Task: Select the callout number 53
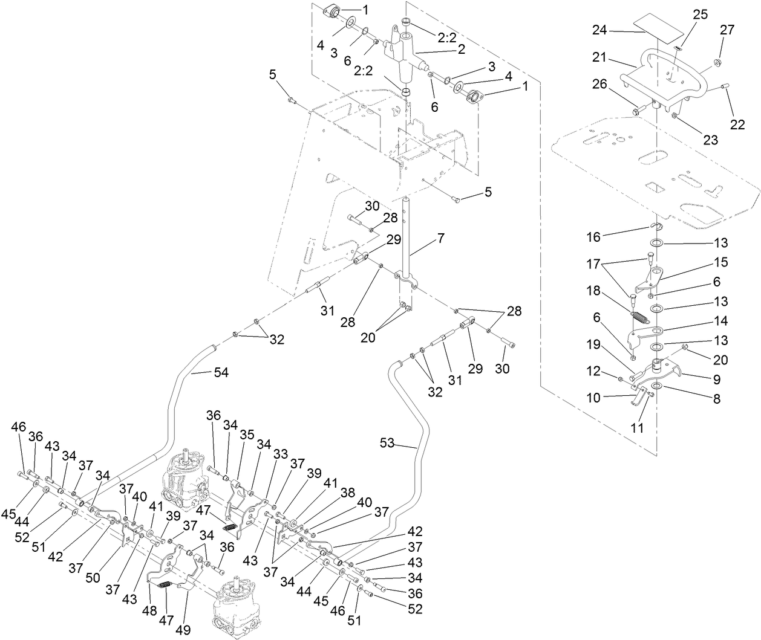[387, 444]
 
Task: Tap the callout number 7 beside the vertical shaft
[440, 239]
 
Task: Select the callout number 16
[594, 237]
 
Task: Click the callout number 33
[280, 452]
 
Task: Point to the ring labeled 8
[657, 386]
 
